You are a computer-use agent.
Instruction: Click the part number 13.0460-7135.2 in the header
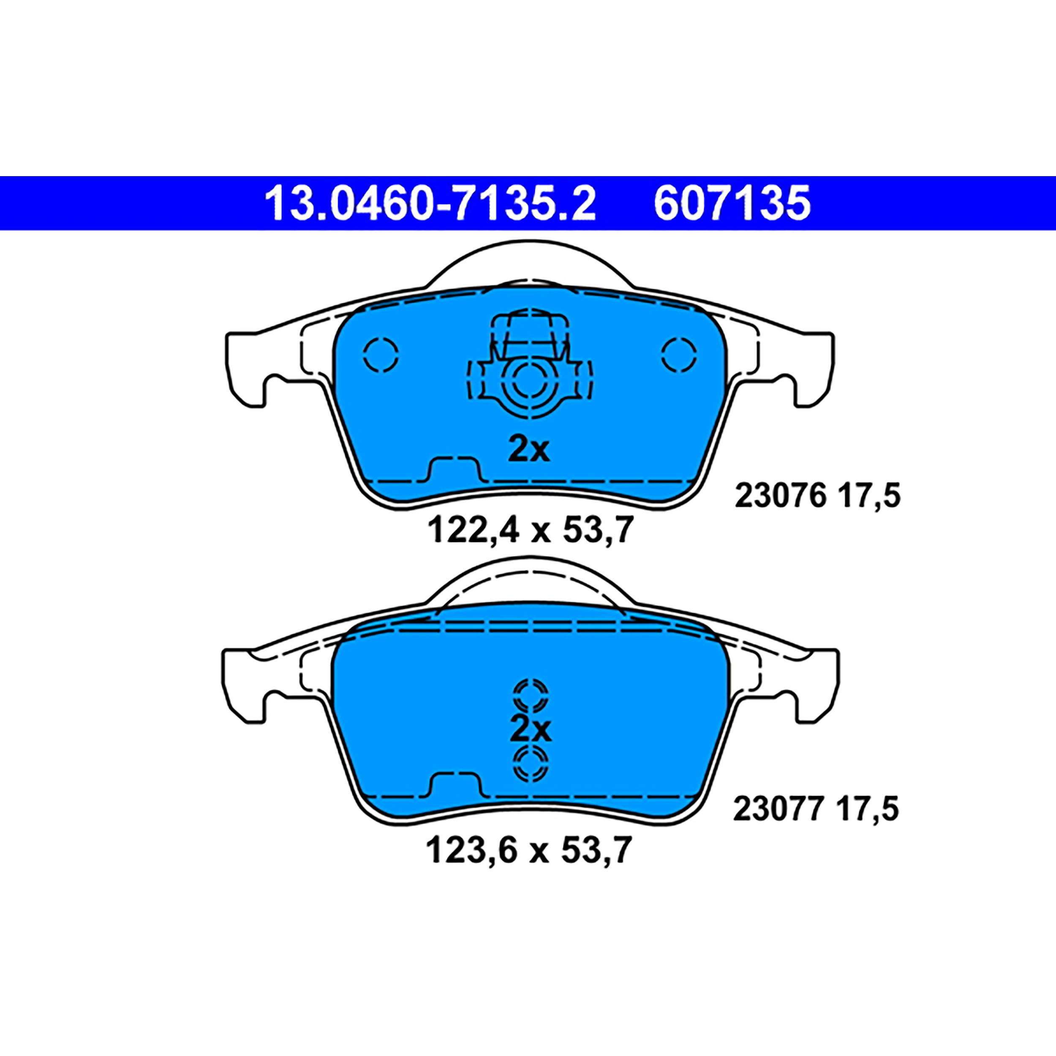pos(430,203)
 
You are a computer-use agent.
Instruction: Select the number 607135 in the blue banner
pos(732,203)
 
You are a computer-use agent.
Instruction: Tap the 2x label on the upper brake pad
pos(528,450)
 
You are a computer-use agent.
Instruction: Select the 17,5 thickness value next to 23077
pos(866,811)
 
